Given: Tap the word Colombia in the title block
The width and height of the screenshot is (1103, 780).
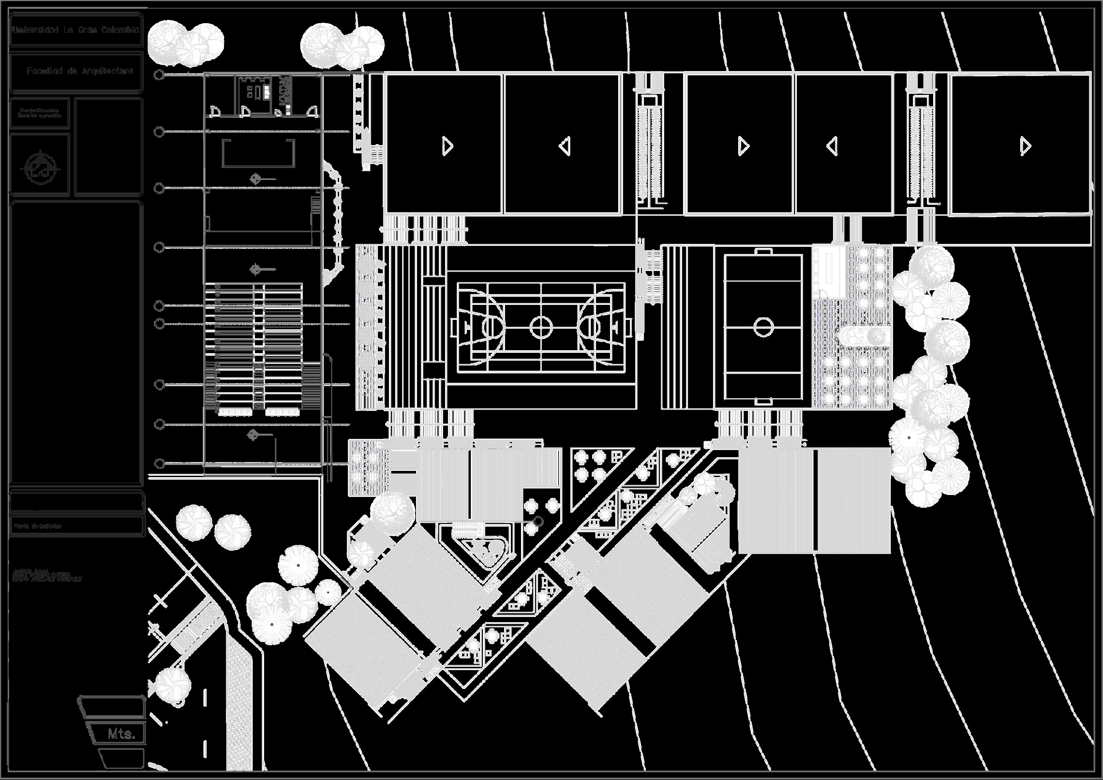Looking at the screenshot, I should pyautogui.click(x=120, y=30).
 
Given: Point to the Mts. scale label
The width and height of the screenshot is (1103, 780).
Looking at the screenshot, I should pyautogui.click(x=121, y=734).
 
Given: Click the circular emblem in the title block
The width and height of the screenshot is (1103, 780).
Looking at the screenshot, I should pyautogui.click(x=42, y=167).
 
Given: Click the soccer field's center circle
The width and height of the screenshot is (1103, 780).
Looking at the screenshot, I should pyautogui.click(x=763, y=327).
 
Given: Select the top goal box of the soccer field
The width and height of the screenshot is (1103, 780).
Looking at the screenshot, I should pyautogui.click(x=763, y=252).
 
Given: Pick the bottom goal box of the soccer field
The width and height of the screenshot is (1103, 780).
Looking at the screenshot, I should pyautogui.click(x=763, y=401).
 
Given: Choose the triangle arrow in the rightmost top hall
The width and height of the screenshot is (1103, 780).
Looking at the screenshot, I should pyautogui.click(x=1025, y=146).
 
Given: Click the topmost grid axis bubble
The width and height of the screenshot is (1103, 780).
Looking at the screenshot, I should pyautogui.click(x=159, y=75).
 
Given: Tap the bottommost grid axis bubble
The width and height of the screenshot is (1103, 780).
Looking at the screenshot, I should pyautogui.click(x=159, y=464).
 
